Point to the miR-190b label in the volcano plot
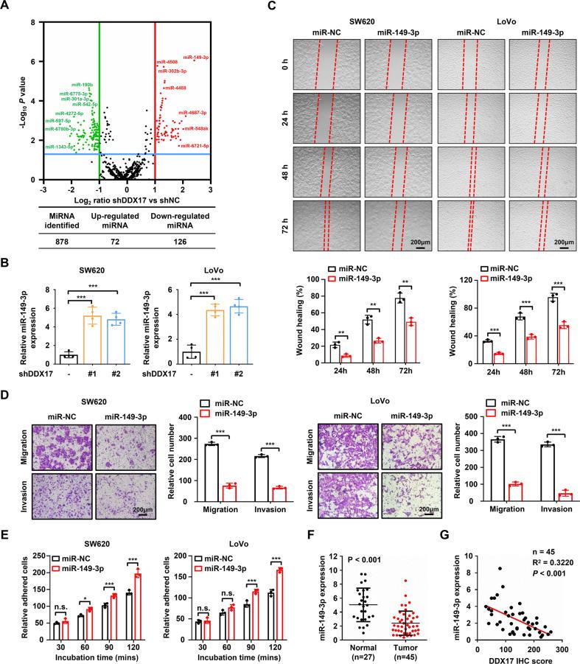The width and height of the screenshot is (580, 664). coord(82,85)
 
